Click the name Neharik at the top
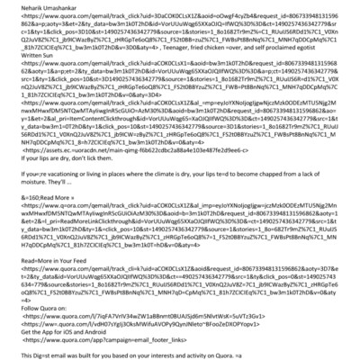[x=19, y=6]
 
